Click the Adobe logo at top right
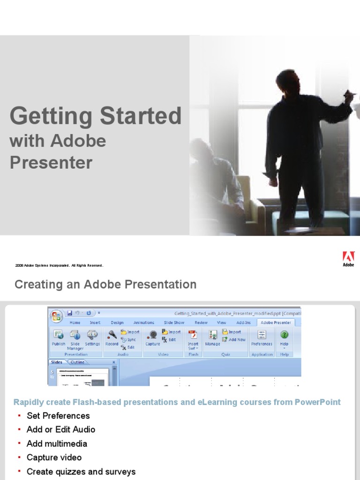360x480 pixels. (x=348, y=258)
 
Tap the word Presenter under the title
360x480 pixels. (x=51, y=162)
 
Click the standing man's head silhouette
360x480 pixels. (x=287, y=82)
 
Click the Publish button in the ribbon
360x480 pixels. (x=59, y=337)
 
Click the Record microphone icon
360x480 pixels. (x=112, y=335)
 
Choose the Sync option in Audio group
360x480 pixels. (x=130, y=339)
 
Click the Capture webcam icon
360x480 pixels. (x=152, y=335)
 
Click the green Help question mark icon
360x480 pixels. (x=284, y=334)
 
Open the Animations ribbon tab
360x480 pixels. (x=143, y=322)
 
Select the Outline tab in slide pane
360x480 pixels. (x=78, y=362)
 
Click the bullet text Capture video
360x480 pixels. (x=54, y=457)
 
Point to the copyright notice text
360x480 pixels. (x=59, y=265)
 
